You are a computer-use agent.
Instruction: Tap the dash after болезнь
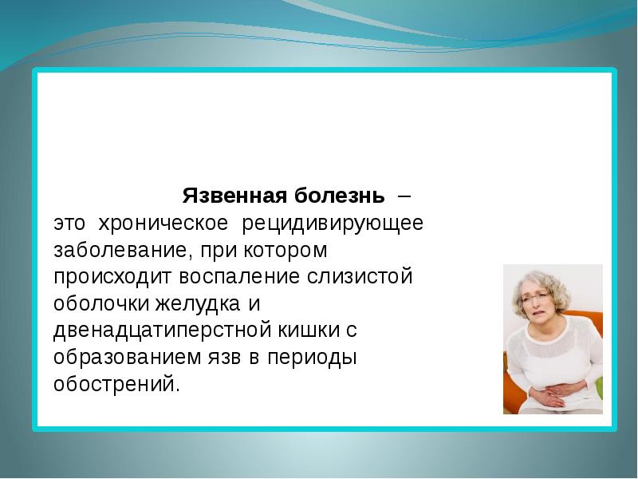point(405,195)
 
